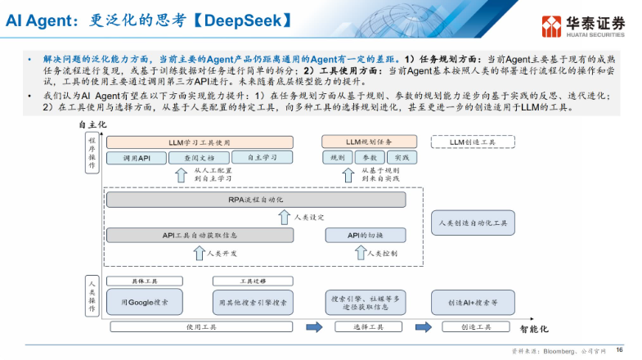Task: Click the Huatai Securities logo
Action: (586, 25)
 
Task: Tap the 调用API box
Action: (137, 157)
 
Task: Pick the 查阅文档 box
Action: (199, 157)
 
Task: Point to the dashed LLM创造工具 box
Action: (473, 142)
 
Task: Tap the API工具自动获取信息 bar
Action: (199, 236)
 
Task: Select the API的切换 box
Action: (365, 236)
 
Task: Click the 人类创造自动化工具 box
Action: (473, 223)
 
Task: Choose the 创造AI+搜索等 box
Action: (473, 302)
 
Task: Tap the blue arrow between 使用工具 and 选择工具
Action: (314, 327)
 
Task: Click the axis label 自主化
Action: (93, 124)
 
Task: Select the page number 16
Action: (619, 349)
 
